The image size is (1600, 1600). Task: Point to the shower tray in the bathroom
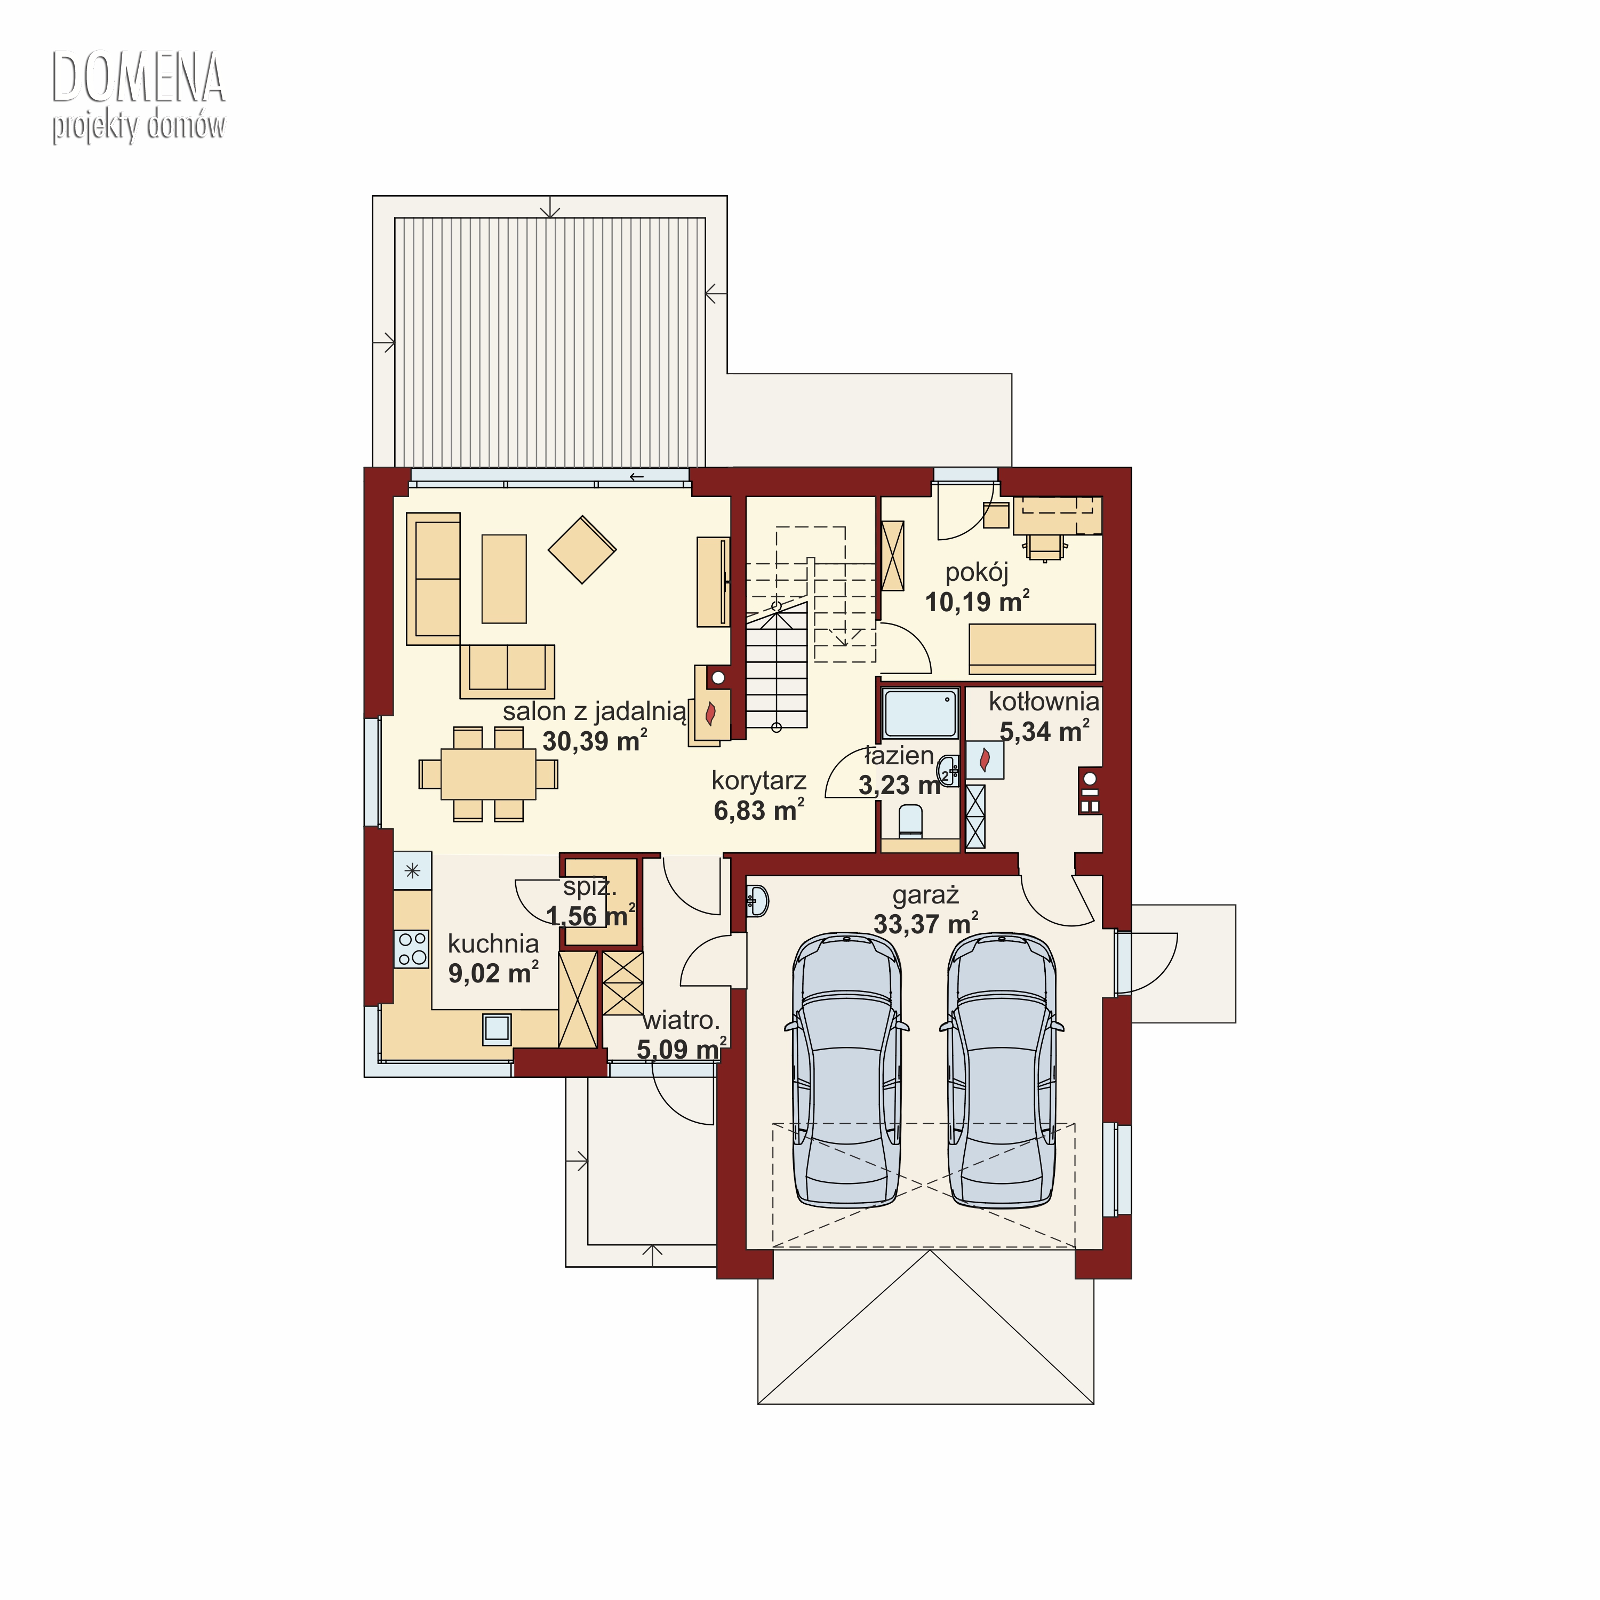point(920,713)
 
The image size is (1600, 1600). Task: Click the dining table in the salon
point(488,773)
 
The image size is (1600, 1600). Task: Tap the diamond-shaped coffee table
point(582,549)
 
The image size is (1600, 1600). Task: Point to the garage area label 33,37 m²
point(926,923)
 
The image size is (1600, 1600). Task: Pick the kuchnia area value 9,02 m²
point(493,972)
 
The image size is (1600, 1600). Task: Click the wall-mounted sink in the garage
point(758,901)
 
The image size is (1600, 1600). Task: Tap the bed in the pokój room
point(1032,649)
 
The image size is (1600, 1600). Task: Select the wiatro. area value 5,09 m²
point(682,1049)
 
